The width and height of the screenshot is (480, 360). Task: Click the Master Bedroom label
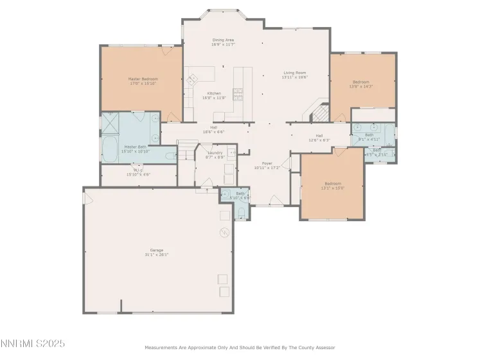tap(143, 79)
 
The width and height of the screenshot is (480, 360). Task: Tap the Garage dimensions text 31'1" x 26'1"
tap(157, 255)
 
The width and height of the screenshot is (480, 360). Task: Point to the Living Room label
tap(295, 73)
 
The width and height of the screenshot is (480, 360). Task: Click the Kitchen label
tap(214, 93)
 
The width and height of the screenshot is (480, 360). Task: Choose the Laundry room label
tap(215, 153)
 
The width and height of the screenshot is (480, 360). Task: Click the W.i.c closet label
tap(138, 170)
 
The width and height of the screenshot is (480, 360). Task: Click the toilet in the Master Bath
tap(170, 156)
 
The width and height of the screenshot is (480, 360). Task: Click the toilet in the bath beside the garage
tap(240, 213)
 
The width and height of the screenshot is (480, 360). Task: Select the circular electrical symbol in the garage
tap(224, 231)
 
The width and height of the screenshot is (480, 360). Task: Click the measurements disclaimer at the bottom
tap(239, 348)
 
